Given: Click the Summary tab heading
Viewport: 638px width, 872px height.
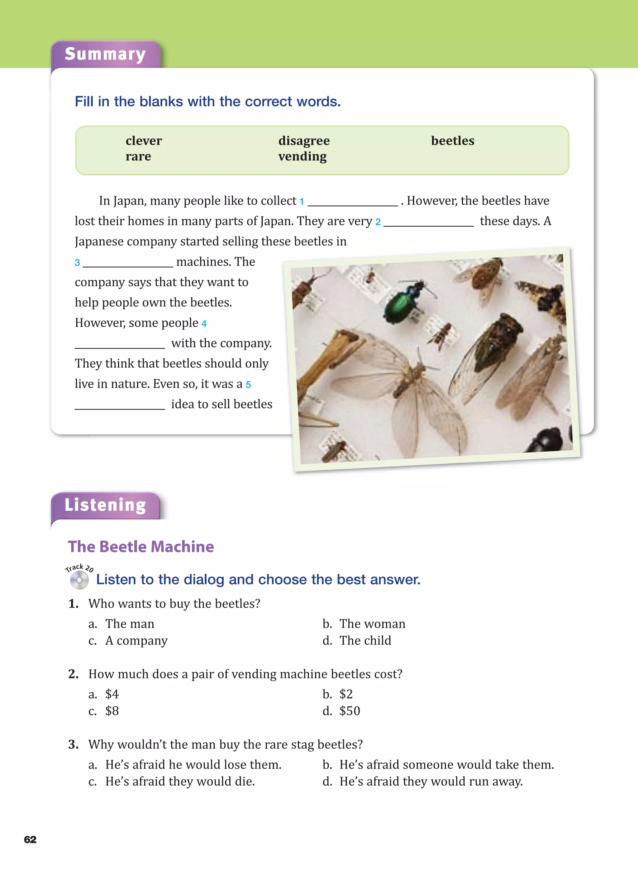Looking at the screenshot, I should click(105, 54).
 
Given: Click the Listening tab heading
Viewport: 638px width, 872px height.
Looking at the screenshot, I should click(105, 505).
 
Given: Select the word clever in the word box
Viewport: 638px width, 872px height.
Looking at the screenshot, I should click(144, 141).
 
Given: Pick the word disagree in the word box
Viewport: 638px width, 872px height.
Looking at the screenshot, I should click(304, 141).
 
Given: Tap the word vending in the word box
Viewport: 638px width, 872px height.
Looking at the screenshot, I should click(302, 156).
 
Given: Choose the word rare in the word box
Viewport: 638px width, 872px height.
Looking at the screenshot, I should click(138, 156).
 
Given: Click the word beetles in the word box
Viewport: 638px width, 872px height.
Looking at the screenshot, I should click(453, 141).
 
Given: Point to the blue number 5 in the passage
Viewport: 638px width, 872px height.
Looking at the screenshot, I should click(248, 385).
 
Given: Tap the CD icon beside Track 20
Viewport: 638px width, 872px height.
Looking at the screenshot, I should click(79, 580).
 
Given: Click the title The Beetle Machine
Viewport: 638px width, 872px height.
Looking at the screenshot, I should click(141, 547).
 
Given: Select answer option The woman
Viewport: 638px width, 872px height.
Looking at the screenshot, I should click(372, 624).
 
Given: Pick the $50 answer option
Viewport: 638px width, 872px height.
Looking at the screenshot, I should click(350, 711).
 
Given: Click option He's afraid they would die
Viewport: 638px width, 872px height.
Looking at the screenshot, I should click(180, 781).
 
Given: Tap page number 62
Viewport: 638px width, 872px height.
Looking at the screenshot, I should click(30, 840).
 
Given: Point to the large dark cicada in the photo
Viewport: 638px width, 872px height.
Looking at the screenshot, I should click(493, 345).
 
